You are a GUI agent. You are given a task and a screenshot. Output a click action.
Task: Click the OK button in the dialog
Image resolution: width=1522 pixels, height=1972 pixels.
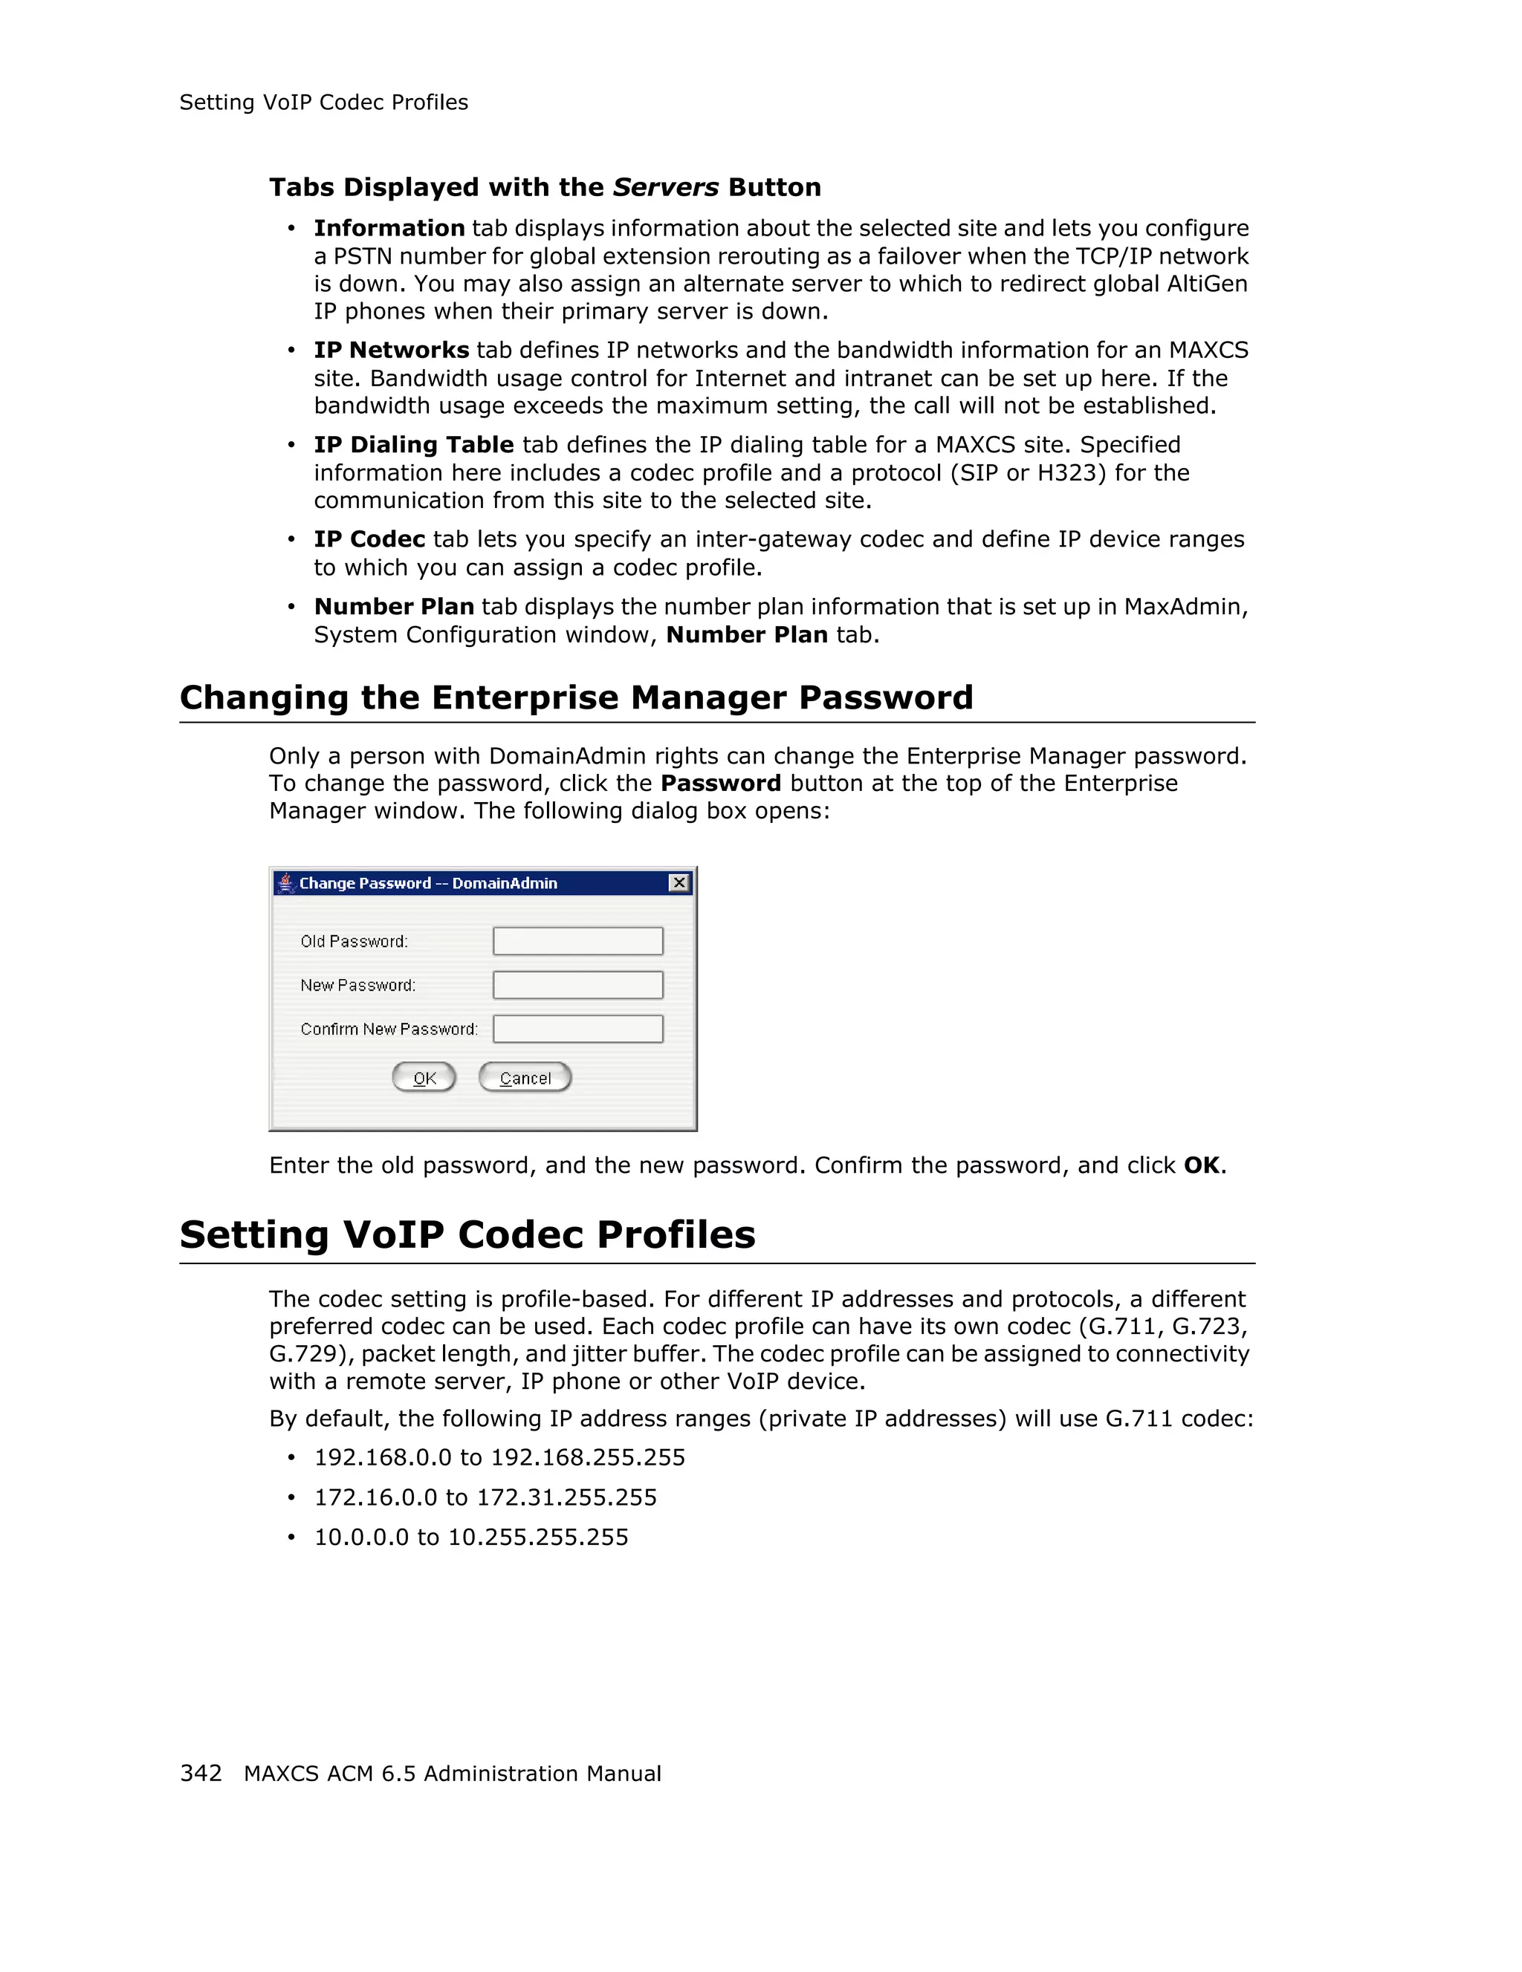[424, 1077]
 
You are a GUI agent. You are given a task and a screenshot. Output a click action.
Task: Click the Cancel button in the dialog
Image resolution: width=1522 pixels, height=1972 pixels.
[525, 1077]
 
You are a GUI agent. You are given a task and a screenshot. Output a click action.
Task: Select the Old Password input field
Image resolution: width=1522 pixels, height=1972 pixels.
[578, 941]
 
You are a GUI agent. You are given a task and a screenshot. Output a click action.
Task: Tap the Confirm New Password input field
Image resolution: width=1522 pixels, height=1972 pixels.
[578, 1029]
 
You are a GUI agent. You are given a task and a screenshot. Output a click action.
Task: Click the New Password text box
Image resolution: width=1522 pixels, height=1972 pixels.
[578, 985]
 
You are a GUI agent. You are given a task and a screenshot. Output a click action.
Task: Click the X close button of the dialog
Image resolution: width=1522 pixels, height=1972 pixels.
[679, 882]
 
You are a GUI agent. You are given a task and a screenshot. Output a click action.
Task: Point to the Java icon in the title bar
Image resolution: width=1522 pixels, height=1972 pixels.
[286, 882]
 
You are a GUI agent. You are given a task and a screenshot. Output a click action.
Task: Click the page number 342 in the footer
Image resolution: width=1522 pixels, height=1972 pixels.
[201, 1772]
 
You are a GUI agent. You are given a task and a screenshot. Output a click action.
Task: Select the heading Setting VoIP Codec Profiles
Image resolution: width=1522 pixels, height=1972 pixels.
[467, 1234]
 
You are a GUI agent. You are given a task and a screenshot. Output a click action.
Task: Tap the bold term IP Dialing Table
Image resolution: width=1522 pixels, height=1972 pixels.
[414, 444]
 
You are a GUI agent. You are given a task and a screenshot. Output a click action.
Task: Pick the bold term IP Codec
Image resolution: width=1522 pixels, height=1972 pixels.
[369, 539]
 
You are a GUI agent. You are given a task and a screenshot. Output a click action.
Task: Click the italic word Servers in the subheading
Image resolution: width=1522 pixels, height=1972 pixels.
[666, 187]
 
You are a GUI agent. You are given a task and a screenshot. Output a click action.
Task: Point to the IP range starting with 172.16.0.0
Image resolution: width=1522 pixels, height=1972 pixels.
[485, 1497]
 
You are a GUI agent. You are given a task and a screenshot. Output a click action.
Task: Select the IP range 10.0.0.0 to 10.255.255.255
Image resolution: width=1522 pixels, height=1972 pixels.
[470, 1537]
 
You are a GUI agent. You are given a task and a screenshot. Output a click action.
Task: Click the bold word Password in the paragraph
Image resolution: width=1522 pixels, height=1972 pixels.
[721, 783]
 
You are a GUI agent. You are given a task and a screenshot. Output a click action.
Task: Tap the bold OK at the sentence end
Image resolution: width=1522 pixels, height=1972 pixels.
[1202, 1165]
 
